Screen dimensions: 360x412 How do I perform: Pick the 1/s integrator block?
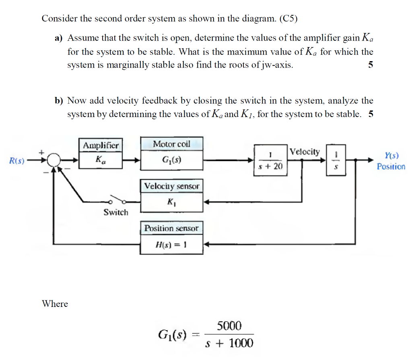[x=336, y=160]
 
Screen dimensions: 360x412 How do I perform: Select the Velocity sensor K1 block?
[x=171, y=196]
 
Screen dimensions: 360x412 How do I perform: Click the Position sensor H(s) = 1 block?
[x=171, y=237]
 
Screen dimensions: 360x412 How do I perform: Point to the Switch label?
[x=116, y=212]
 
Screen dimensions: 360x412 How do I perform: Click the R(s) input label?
[x=17, y=161]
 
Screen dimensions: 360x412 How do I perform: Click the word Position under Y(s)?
[x=391, y=167]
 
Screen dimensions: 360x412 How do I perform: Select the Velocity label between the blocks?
[x=305, y=152]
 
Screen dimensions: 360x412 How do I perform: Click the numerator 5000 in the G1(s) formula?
[x=229, y=325]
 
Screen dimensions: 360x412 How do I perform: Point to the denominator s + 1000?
[x=229, y=343]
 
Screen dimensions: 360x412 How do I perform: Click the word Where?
[x=55, y=304]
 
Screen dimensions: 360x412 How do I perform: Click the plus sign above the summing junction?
[x=41, y=153]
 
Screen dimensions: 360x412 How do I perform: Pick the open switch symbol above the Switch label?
[x=117, y=201]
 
